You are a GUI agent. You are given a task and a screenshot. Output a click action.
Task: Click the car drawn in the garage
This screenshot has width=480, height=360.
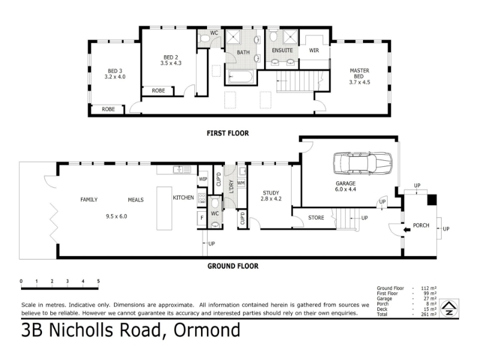[363, 163]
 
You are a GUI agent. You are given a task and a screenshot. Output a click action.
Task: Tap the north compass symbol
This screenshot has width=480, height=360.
[449, 308]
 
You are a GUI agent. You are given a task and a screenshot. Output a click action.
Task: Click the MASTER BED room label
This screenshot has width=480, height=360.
[359, 76]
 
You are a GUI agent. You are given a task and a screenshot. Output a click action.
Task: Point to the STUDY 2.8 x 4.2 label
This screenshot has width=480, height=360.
[271, 196]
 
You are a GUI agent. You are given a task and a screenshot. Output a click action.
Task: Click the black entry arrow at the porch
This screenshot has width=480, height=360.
[407, 230]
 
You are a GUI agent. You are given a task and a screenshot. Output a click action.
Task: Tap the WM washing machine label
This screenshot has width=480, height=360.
[241, 183]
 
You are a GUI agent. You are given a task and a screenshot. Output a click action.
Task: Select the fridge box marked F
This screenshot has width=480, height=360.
[202, 218]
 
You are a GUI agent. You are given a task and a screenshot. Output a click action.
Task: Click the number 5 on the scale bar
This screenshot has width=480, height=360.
[98, 281]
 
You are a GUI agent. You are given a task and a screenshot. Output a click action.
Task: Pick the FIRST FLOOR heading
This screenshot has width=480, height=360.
[228, 133]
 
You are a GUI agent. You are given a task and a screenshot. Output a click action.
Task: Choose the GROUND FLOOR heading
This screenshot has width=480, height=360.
[233, 266]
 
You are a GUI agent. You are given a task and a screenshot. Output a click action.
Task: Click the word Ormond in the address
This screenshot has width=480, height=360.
[207, 330]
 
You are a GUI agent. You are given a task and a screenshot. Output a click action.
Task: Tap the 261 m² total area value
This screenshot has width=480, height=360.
[428, 314]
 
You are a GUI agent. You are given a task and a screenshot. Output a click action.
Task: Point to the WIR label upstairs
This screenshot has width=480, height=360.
[314, 50]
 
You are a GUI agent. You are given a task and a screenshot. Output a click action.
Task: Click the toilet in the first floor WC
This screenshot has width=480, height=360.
[204, 38]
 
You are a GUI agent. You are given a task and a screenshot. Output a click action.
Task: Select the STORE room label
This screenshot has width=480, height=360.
[316, 218]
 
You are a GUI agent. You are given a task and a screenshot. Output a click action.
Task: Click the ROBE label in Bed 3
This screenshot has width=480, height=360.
[109, 109]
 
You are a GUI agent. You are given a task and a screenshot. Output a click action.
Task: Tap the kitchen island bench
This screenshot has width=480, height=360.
[164, 208]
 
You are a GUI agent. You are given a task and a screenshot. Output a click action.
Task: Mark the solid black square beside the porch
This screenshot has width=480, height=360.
[432, 200]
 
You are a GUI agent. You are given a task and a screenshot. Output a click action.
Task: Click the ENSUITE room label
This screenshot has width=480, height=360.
[282, 50]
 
